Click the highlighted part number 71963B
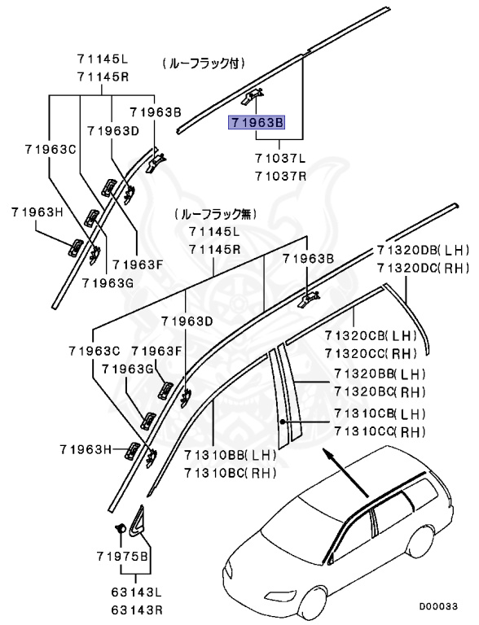pos(256,124)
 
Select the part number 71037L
pos(279,160)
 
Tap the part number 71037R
pos(279,175)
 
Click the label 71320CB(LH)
pos(370,335)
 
